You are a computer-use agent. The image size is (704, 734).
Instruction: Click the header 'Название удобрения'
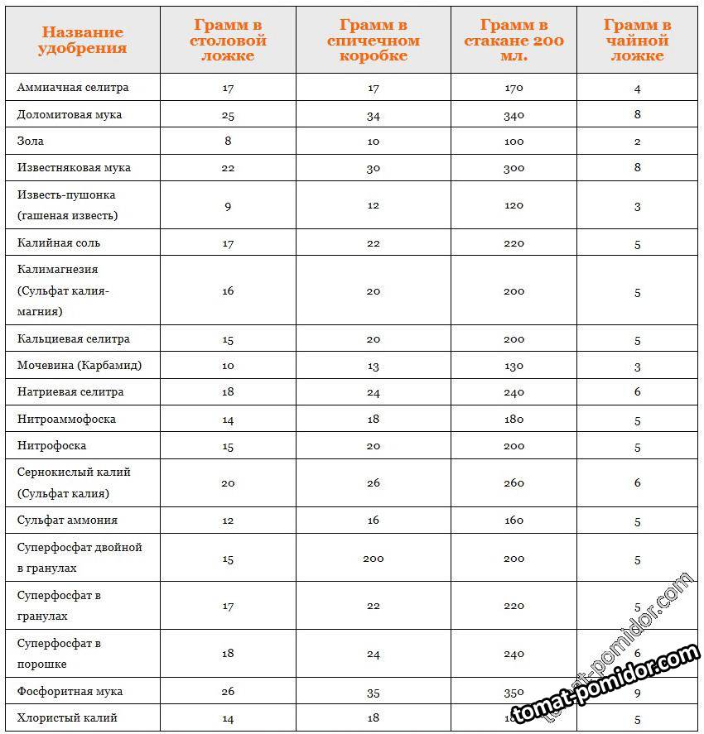[83, 40]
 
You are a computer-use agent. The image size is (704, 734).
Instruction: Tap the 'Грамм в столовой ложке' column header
[228, 41]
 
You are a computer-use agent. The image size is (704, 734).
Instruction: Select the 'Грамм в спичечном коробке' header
[374, 41]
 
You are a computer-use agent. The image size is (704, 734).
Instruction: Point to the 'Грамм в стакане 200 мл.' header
[514, 41]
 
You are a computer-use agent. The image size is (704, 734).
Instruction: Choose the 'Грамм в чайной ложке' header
[637, 41]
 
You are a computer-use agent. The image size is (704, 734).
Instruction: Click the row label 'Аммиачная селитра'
[73, 88]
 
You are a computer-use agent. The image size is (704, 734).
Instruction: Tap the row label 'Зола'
[31, 141]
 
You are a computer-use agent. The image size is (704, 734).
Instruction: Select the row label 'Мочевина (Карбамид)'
[80, 365]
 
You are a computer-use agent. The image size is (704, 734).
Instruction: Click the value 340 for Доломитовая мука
[514, 115]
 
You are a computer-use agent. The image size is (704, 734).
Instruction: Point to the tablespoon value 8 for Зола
[228, 141]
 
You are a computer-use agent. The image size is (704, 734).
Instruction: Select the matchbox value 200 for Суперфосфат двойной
[374, 559]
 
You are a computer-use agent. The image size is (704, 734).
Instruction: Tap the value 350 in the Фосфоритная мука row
[514, 691]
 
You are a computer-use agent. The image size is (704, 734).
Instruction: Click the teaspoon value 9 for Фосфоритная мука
[638, 690]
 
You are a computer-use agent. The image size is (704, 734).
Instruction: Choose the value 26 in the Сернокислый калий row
[374, 483]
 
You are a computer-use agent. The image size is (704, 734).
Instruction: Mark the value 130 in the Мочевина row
[514, 366]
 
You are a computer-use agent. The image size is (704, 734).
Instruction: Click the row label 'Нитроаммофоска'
[66, 419]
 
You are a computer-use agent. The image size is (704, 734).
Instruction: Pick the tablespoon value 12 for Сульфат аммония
[228, 521]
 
